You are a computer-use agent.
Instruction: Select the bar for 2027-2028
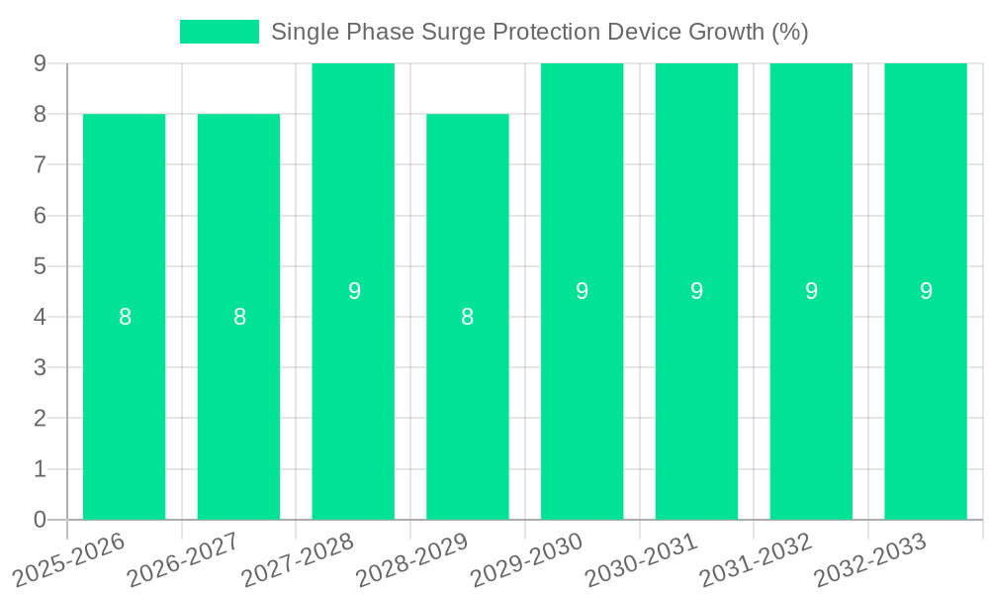pos(353,396)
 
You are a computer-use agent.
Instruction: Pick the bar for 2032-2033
pos(926,396)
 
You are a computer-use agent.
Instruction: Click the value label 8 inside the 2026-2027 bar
pos(239,317)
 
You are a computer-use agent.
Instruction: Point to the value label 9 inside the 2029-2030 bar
pos(583,291)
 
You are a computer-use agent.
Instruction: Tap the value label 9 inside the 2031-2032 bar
pos(811,291)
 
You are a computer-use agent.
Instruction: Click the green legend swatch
pos(219,32)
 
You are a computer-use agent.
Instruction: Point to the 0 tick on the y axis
pos(40,520)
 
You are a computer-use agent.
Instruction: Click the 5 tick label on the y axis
pos(40,266)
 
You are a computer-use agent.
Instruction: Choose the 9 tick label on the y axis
pos(40,63)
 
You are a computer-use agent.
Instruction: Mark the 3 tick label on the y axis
pos(40,367)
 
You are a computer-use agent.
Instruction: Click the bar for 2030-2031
pos(696,396)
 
